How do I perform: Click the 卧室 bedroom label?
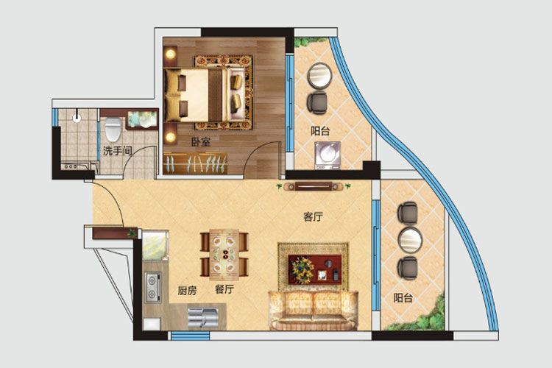point(201,142)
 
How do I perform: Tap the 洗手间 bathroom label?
point(117,151)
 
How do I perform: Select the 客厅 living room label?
point(313,217)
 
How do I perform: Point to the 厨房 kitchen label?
point(187,291)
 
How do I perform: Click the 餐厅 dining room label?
point(224,289)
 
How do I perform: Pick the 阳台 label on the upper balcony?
point(320,131)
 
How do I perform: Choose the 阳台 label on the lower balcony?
point(403,298)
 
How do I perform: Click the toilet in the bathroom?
point(113,130)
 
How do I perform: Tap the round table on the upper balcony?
point(319,75)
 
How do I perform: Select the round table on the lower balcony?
point(410,240)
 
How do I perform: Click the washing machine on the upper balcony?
point(328,155)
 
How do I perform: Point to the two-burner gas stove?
point(153,287)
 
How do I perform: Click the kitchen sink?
point(203,318)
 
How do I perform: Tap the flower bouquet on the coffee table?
point(302,270)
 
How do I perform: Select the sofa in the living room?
point(313,311)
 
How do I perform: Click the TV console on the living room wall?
point(314,186)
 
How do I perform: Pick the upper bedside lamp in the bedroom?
point(171,54)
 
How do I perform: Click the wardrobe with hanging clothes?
point(195,163)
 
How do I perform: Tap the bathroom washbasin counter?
point(142,119)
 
